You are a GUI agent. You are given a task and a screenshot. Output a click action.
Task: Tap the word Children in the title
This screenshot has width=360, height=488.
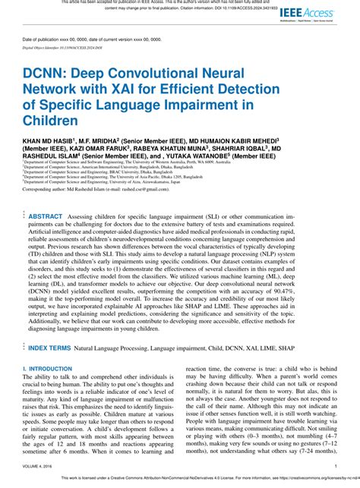[51, 121]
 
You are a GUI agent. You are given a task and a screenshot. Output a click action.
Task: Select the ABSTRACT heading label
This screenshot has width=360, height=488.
[46, 216]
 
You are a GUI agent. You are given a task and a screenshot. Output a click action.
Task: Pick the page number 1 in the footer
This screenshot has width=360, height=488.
[336, 467]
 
